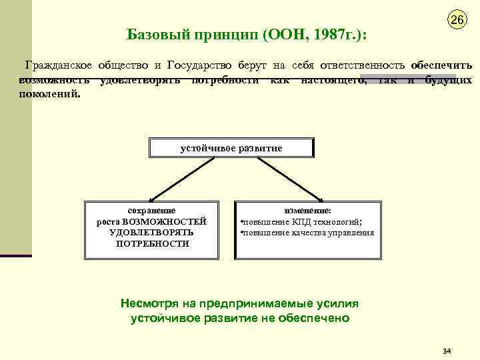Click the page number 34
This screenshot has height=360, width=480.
click(x=447, y=351)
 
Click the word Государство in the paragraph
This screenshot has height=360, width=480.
click(x=202, y=65)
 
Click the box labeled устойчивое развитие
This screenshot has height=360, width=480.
click(x=231, y=148)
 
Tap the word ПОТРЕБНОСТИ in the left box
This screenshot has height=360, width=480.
click(x=152, y=244)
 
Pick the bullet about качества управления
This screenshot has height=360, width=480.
click(x=307, y=233)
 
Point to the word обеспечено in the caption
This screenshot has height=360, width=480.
click(x=315, y=318)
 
